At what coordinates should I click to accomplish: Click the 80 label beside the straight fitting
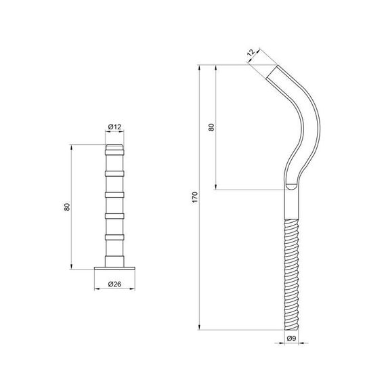pos(67,207)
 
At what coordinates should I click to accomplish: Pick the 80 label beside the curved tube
pos(211,127)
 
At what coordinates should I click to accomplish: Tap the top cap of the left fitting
pos(114,147)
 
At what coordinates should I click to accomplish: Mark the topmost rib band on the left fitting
pos(114,173)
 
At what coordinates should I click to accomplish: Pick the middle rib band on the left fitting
pos(114,194)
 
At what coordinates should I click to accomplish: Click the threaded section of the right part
pos(291,271)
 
